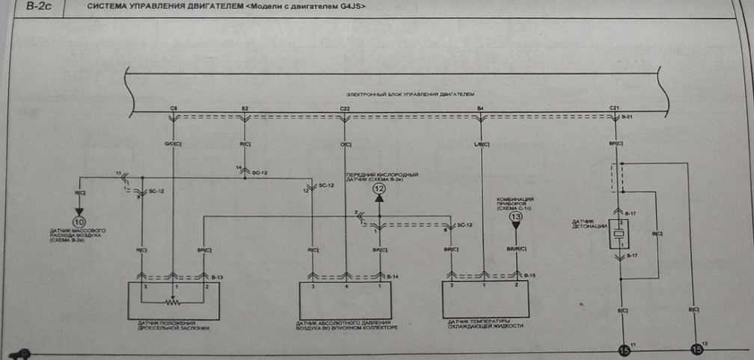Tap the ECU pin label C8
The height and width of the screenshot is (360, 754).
pyautogui.click(x=174, y=109)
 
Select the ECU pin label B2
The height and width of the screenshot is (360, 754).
pyautogui.click(x=245, y=109)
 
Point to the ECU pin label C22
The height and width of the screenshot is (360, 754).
pyautogui.click(x=345, y=109)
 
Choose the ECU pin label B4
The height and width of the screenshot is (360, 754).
pyautogui.click(x=481, y=109)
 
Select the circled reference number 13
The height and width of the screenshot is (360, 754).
pyautogui.click(x=515, y=217)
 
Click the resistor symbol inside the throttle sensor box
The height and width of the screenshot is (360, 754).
pyautogui.click(x=173, y=303)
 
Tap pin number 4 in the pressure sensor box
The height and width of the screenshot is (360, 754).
pyautogui.click(x=345, y=287)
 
